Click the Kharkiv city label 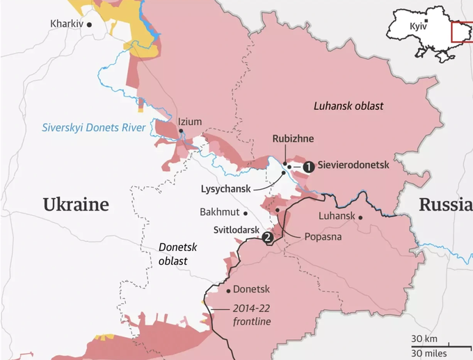[x=67, y=24]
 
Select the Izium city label [x=190, y=122]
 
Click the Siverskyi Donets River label [x=94, y=128]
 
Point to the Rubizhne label [x=293, y=139]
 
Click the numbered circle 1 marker [x=308, y=166]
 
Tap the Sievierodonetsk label [x=354, y=166]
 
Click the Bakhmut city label [x=219, y=211]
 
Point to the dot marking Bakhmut [x=246, y=213]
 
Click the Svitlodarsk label [x=236, y=229]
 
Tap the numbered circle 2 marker [x=267, y=238]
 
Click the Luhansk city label [x=337, y=216]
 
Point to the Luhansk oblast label [x=348, y=106]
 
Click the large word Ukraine [x=76, y=204]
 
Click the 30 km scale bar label [x=424, y=338]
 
